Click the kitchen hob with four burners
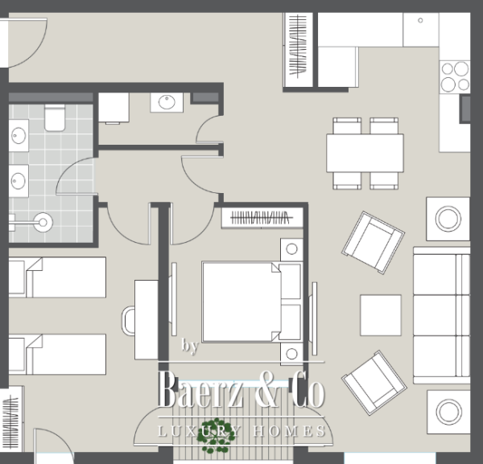pos(455,76)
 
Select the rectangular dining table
pos(365,152)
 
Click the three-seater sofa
pos(441,314)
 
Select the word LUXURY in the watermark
pos(199,432)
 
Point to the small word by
pos(190,347)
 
